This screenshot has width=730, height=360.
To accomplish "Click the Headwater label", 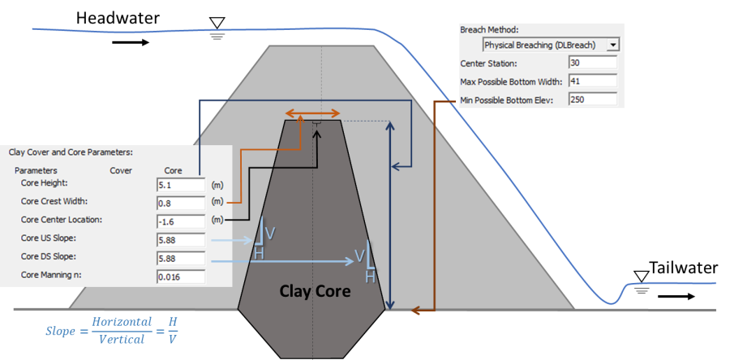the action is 118,18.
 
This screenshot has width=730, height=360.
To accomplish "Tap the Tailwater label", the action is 684,268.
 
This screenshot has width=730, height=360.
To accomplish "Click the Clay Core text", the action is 315,291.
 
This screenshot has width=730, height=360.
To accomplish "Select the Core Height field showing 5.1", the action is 181,185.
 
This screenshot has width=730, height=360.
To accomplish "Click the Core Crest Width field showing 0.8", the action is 181,204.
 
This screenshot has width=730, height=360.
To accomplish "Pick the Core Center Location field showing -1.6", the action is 181,221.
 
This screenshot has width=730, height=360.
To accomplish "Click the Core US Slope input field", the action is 181,240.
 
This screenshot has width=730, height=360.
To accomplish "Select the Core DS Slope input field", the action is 181,258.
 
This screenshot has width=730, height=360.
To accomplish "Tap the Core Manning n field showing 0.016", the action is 181,276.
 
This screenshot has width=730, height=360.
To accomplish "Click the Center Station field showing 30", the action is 593,62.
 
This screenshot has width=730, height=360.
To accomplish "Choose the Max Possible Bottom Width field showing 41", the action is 593,81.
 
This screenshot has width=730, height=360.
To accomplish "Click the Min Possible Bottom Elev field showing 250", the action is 593,99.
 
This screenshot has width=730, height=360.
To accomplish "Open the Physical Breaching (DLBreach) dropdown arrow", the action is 613,45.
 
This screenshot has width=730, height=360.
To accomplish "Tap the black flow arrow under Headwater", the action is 131,43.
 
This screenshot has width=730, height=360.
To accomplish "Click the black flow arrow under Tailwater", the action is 676,296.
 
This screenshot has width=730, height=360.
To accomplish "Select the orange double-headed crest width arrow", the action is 312,113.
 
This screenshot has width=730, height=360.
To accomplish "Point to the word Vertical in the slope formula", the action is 122,340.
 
